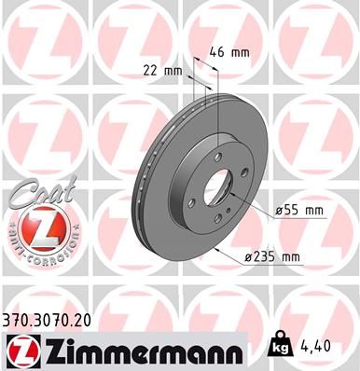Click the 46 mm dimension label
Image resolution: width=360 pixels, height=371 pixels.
tap(230, 52)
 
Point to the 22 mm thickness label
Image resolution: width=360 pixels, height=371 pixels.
tap(163, 71)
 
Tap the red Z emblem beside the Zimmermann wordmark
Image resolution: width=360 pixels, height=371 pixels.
tap(19, 352)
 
